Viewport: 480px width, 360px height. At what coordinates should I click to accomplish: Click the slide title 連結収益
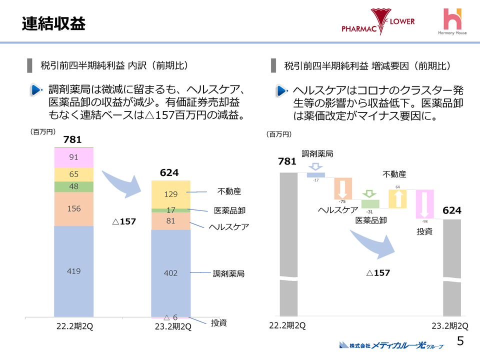coord(53,23)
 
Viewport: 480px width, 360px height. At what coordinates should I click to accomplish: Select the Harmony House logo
coord(452,22)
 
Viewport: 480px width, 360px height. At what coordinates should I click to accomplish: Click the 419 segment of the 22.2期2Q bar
coord(73,271)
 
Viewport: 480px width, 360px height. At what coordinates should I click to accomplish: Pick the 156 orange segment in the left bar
coord(73,209)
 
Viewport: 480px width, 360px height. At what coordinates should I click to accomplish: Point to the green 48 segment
coord(73,186)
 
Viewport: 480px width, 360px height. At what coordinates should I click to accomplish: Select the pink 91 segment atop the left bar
coord(73,157)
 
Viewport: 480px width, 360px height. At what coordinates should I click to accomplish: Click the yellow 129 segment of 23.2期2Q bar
coord(170,194)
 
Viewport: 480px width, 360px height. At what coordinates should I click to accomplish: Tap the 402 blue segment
coord(170,273)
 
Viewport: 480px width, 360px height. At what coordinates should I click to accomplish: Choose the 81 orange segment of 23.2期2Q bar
coord(170,221)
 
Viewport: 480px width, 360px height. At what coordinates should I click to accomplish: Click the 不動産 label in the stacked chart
coord(229,191)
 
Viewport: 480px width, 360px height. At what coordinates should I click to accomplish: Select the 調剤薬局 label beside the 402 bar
coord(228,273)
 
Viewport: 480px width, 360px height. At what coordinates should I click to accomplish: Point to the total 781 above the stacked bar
coord(72,140)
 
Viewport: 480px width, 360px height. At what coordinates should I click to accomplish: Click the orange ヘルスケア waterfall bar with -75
coord(343,189)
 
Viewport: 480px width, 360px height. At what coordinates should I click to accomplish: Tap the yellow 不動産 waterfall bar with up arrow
coord(397,198)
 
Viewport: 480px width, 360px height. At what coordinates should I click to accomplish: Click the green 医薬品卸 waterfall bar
coord(370,203)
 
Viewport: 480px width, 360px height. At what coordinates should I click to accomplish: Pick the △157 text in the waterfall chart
coord(377,273)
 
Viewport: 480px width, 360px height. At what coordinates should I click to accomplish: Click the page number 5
coord(460,341)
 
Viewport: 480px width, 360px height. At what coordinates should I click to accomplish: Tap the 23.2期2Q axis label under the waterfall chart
coord(450,326)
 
